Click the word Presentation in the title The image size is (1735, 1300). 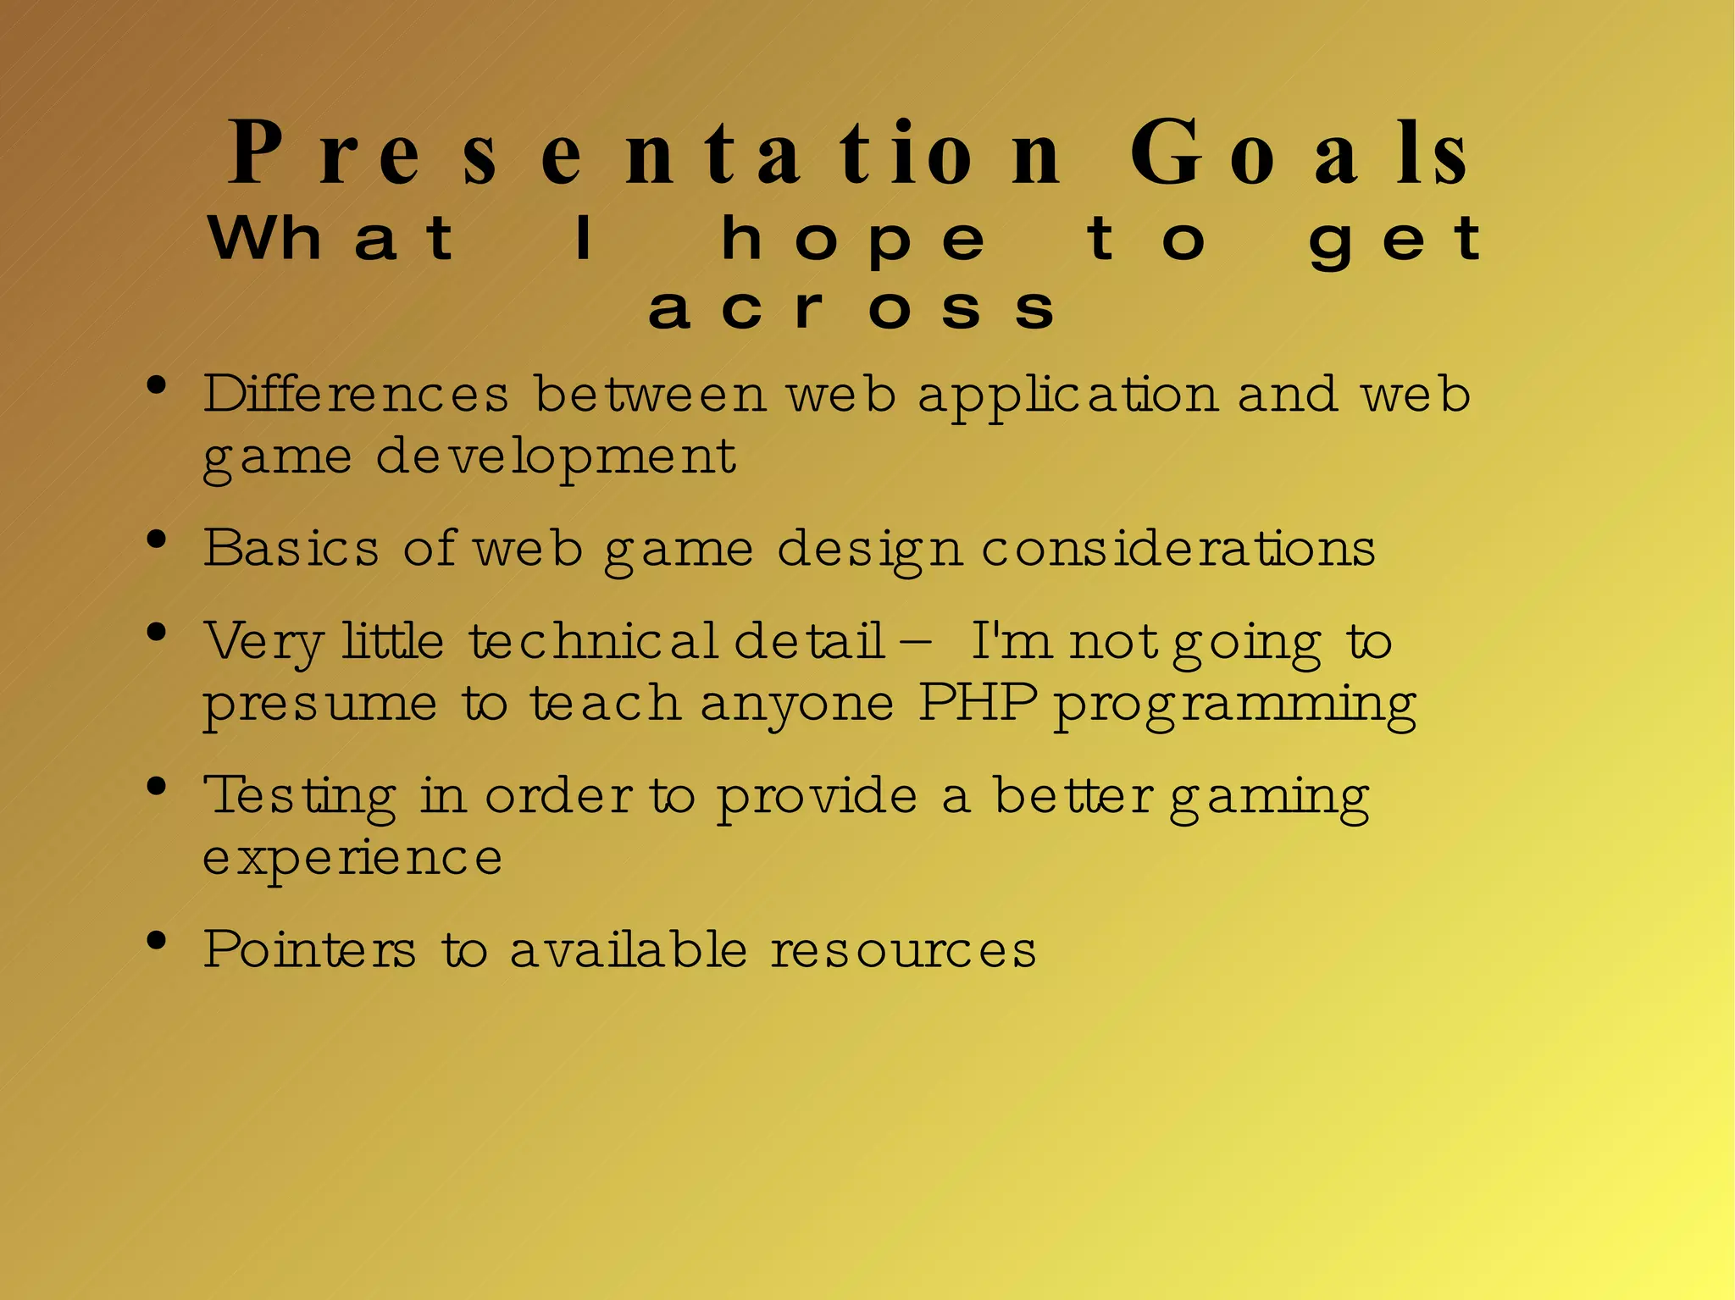(x=644, y=154)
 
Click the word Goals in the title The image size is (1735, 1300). (x=1300, y=154)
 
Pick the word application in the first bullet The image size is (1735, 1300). (x=1067, y=396)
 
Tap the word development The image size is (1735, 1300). (x=556, y=458)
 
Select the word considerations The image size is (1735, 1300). (x=1178, y=548)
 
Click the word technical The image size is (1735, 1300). (x=594, y=640)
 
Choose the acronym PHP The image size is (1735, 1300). (x=978, y=702)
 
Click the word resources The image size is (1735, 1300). (x=903, y=949)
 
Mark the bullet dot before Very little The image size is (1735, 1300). (x=156, y=633)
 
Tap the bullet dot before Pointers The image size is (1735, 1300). (x=156, y=941)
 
